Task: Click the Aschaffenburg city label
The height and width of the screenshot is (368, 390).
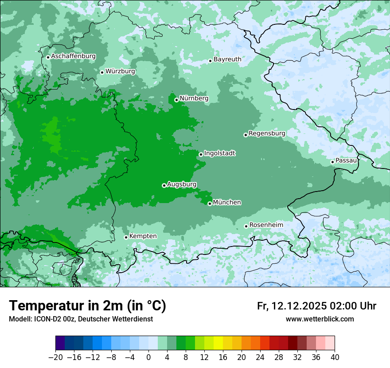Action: click(x=73, y=56)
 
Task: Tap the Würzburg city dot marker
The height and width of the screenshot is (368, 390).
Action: click(x=102, y=72)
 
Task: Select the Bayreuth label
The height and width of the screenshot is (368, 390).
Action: click(x=227, y=59)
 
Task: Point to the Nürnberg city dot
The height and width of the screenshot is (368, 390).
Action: click(x=176, y=100)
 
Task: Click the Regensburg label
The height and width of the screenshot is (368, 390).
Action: click(x=267, y=133)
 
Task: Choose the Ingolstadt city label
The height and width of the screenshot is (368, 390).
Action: click(x=219, y=153)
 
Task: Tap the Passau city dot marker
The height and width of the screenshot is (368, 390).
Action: click(x=332, y=162)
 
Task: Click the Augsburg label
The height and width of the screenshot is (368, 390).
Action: click(x=182, y=184)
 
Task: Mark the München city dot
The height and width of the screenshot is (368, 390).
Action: click(x=210, y=204)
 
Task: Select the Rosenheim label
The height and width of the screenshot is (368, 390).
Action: click(x=266, y=225)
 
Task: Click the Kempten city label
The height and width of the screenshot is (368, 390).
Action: click(x=143, y=236)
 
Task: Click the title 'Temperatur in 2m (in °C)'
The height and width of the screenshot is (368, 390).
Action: click(x=87, y=306)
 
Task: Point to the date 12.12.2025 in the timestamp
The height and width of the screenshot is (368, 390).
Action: click(x=299, y=306)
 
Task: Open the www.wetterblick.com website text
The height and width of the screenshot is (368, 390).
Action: click(x=320, y=319)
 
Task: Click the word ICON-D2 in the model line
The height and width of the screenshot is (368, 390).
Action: click(x=44, y=319)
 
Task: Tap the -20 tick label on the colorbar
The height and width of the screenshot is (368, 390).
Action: click(x=56, y=357)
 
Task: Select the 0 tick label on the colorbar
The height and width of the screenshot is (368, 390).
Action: click(x=148, y=357)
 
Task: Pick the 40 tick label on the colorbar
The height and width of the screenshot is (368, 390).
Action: click(x=335, y=357)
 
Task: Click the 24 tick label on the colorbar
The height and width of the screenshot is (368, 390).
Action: click(x=260, y=357)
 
